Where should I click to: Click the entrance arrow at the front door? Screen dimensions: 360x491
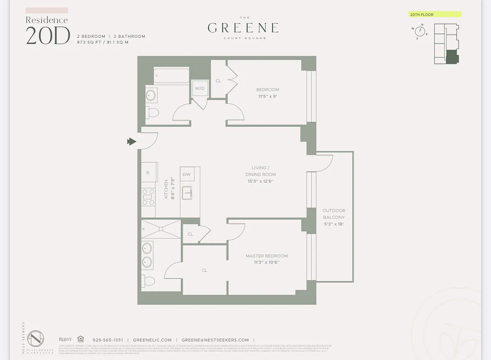coord(131,142)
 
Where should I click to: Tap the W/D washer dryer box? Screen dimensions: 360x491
coord(199,88)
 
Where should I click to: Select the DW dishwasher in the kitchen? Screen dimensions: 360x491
coord(187,175)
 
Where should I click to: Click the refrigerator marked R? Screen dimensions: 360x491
coord(149,173)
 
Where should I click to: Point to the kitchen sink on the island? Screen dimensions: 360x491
coord(187,193)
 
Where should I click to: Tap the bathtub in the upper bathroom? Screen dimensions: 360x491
coord(171,76)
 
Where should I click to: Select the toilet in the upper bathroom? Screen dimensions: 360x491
coord(152,112)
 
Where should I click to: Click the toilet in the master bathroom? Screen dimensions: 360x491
coord(148,281)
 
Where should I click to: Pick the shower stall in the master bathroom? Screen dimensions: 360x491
coord(161,229)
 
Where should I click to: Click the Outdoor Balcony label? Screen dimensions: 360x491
coord(334,217)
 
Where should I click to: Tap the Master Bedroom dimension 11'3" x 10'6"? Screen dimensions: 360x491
coord(267,262)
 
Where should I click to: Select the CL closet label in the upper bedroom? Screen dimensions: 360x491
coord(219,81)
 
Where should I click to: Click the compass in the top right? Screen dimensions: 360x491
coord(420,31)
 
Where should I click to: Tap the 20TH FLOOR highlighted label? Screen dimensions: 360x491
coord(434,14)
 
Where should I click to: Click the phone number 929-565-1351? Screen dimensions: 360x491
coord(107,340)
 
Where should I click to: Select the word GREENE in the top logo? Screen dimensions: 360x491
coord(243,27)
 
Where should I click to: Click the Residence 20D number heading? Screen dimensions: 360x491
coord(48,36)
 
